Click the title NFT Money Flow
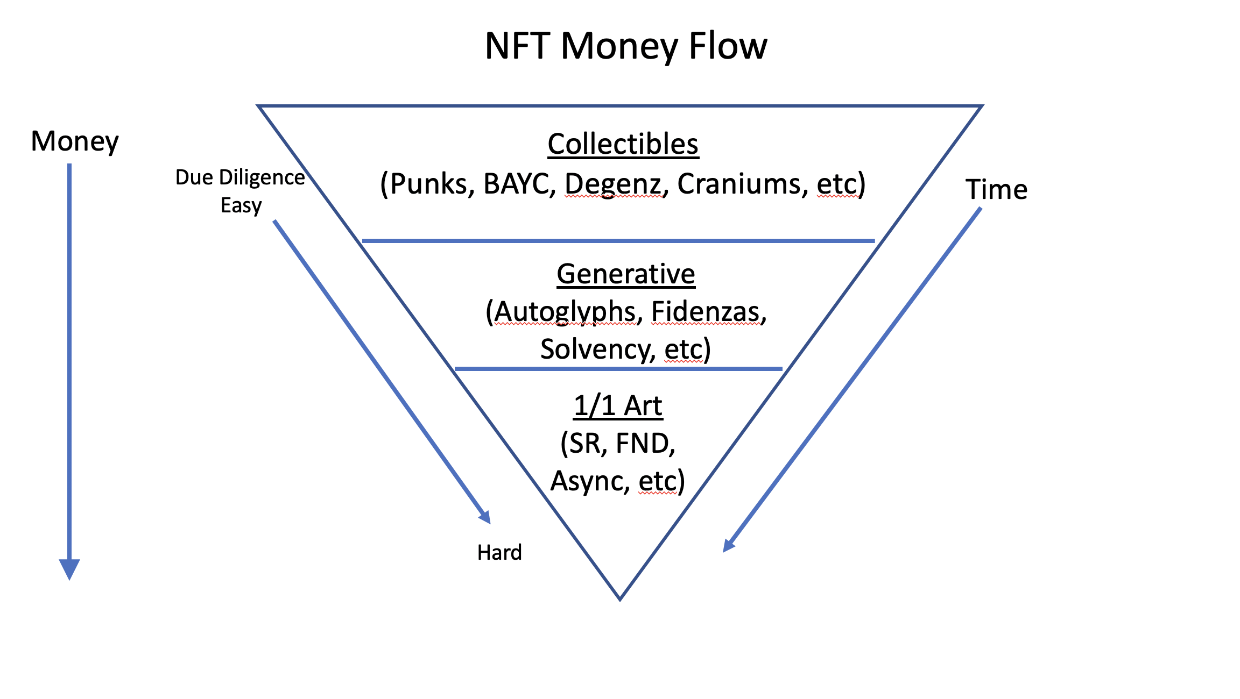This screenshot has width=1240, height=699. click(625, 46)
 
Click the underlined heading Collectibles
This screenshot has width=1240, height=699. click(623, 144)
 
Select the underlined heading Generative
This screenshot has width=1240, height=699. click(625, 274)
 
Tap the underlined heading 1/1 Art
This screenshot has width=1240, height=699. click(618, 406)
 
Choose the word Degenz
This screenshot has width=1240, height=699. click(613, 184)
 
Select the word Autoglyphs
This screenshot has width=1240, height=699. click(565, 312)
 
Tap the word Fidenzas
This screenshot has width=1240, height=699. click(706, 312)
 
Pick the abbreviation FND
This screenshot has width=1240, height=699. click(643, 444)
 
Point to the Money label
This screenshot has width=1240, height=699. click(75, 142)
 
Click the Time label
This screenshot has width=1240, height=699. click(996, 190)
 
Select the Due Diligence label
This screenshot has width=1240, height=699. click(240, 177)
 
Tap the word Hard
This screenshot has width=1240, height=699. click(499, 553)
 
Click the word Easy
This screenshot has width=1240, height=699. click(241, 205)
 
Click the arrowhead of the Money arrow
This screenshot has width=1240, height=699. click(69, 569)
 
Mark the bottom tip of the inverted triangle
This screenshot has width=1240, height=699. click(620, 598)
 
